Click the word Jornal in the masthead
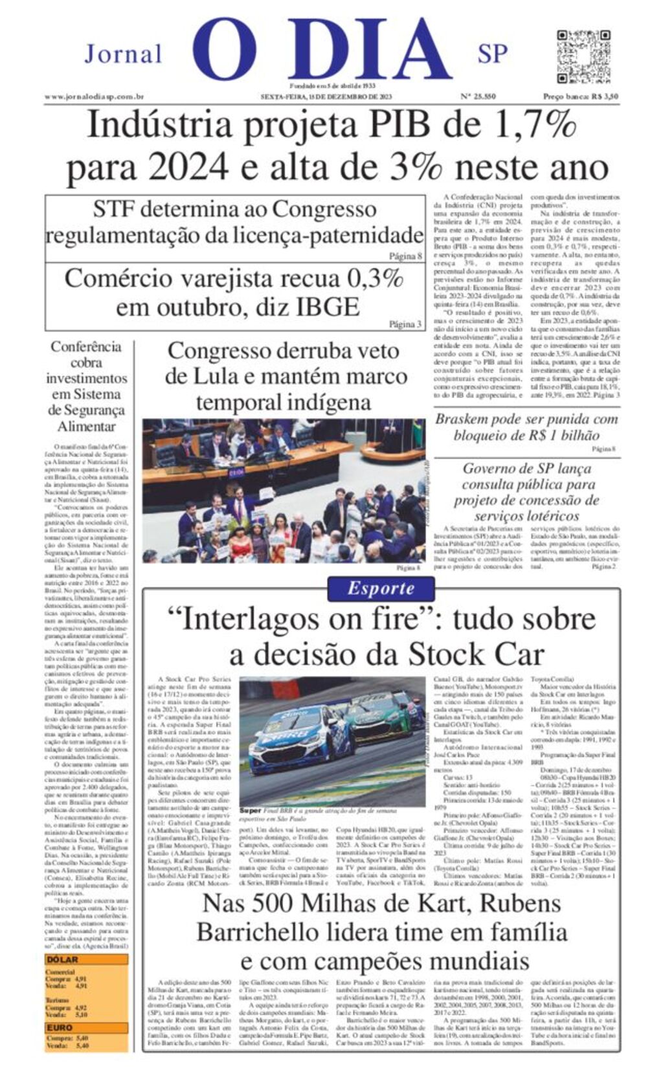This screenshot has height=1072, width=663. [x=123, y=54]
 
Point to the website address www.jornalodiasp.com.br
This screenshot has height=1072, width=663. [x=94, y=96]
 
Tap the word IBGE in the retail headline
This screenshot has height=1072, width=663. [x=327, y=306]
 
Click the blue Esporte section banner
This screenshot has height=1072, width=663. [x=381, y=588]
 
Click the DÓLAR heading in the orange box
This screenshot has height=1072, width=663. [x=63, y=959]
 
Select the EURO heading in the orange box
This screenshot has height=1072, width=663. [x=60, y=1027]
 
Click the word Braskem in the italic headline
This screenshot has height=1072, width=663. [x=462, y=419]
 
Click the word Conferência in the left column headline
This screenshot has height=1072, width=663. [x=86, y=346]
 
